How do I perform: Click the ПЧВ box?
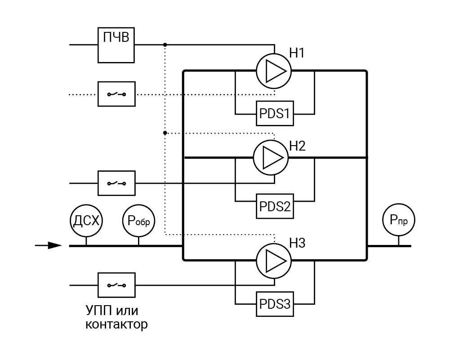click(116, 44)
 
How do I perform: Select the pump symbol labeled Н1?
click(274, 71)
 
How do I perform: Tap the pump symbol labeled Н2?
click(271, 157)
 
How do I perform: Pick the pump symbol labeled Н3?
click(274, 260)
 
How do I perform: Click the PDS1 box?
click(274, 113)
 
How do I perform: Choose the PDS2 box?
click(274, 206)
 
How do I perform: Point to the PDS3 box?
click(274, 304)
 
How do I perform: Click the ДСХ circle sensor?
click(87, 220)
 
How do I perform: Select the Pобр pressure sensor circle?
click(139, 220)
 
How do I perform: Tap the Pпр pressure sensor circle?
click(399, 220)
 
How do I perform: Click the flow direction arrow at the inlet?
click(49, 245)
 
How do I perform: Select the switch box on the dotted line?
click(116, 94)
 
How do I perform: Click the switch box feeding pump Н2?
click(116, 183)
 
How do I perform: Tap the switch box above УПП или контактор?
click(116, 285)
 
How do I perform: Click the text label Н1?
click(297, 53)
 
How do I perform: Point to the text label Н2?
click(298, 146)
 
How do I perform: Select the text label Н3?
click(298, 244)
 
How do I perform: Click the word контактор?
click(116, 324)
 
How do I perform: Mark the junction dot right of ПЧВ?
click(165, 44)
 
